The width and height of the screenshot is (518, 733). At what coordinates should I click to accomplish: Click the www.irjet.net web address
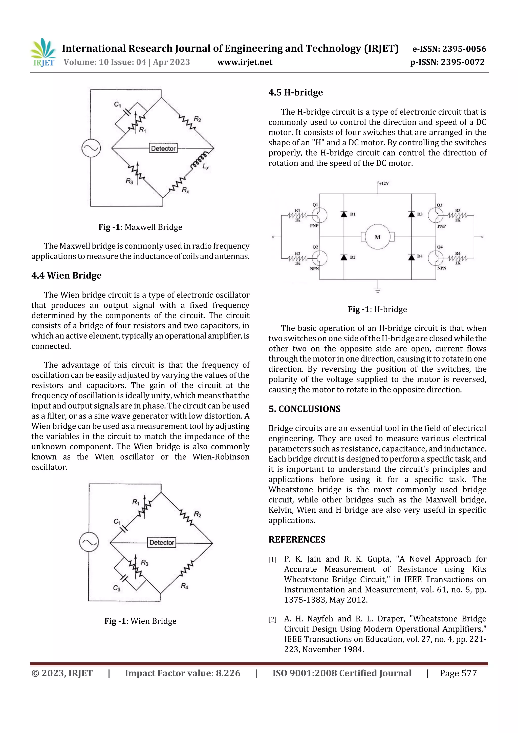[x=245, y=62]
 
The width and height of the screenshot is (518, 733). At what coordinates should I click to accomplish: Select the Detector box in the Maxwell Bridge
[x=163, y=149]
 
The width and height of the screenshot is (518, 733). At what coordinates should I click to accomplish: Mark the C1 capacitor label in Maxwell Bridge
[x=117, y=104]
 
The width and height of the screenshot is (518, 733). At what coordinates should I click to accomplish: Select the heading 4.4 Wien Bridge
[x=66, y=276]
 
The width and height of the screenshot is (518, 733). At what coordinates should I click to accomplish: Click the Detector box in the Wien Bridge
[x=162, y=542]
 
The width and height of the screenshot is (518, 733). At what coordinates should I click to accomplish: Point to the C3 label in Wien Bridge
[x=117, y=588]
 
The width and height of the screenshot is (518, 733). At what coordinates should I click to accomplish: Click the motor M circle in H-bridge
[x=378, y=237]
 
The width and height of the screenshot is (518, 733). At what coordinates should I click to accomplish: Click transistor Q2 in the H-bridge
[x=319, y=258]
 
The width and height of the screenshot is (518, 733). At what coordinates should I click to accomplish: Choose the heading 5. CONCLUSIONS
[x=305, y=409]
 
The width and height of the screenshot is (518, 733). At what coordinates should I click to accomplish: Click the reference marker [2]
[x=272, y=620]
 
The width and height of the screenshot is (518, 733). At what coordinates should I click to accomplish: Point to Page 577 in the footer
[x=458, y=673]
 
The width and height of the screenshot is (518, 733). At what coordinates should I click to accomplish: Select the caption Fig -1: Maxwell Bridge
[x=140, y=227]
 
